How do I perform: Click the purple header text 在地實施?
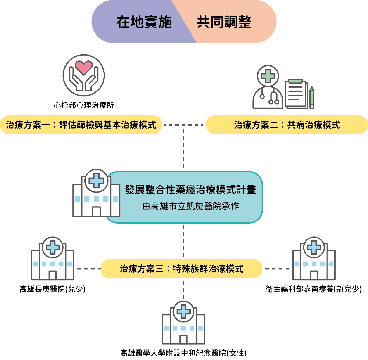(144, 22)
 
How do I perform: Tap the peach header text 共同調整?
(224, 22)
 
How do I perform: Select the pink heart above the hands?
(84, 67)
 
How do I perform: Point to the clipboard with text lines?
(296, 94)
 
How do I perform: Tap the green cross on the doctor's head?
(268, 76)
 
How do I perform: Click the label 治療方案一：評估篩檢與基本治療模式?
(81, 125)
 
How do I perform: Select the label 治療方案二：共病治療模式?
(287, 125)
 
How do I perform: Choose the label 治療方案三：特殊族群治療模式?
(182, 269)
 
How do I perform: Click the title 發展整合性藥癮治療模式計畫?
(191, 190)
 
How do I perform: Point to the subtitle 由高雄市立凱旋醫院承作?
(191, 206)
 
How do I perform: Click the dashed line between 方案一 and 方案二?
(184, 125)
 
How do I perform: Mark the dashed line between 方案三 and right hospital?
(277, 269)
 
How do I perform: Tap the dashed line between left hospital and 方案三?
(88, 269)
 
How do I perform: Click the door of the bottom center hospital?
(184, 339)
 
